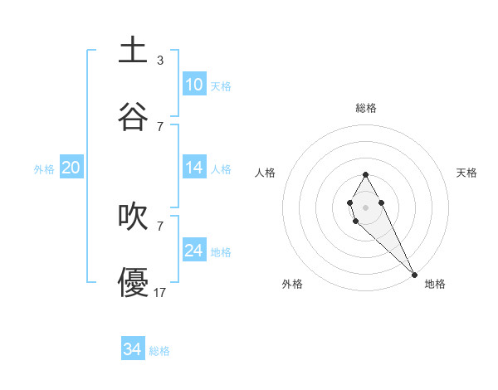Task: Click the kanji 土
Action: [134, 50]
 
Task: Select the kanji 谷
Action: [134, 116]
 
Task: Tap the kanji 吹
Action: [134, 216]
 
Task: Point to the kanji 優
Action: [134, 282]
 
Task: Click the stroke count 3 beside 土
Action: [159, 60]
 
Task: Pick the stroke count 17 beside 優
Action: [159, 292]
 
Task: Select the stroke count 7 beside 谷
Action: [159, 126]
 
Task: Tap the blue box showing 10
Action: [193, 85]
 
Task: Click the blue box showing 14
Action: [193, 168]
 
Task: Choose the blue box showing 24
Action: [193, 251]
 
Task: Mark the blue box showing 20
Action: [71, 168]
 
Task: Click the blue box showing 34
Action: [132, 350]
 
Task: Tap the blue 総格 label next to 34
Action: [159, 351]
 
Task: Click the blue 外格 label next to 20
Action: [44, 169]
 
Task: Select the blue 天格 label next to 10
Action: [221, 86]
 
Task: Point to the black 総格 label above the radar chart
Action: [366, 108]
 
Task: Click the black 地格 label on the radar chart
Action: [435, 285]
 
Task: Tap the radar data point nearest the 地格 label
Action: [414, 275]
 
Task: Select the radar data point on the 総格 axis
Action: [365, 174]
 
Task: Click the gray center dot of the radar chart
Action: [365, 206]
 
